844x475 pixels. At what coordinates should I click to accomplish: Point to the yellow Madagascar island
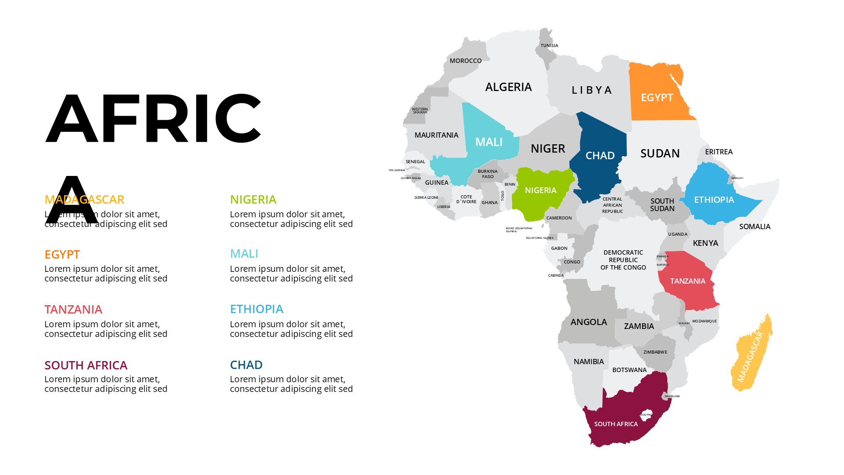(752, 356)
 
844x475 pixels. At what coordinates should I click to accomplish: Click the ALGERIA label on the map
(508, 87)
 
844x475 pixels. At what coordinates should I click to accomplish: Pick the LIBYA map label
(592, 90)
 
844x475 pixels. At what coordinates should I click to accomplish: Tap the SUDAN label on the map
(660, 153)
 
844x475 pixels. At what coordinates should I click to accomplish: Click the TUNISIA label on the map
(549, 46)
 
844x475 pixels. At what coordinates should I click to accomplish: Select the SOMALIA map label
(754, 227)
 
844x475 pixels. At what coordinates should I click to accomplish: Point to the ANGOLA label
(589, 322)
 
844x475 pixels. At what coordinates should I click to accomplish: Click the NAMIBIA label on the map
(589, 362)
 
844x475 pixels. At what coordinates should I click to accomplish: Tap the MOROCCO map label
(466, 61)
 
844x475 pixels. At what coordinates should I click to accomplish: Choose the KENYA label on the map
(705, 243)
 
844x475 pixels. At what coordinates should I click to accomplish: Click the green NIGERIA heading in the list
(253, 200)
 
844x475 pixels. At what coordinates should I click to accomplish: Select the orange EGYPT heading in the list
(62, 255)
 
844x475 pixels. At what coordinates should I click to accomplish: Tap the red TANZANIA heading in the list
(73, 310)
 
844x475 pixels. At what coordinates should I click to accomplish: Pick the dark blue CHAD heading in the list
(246, 365)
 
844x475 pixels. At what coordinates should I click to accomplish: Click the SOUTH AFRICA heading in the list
(86, 365)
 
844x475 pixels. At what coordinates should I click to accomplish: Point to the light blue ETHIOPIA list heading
(257, 309)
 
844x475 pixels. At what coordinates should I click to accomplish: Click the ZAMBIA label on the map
(639, 326)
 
